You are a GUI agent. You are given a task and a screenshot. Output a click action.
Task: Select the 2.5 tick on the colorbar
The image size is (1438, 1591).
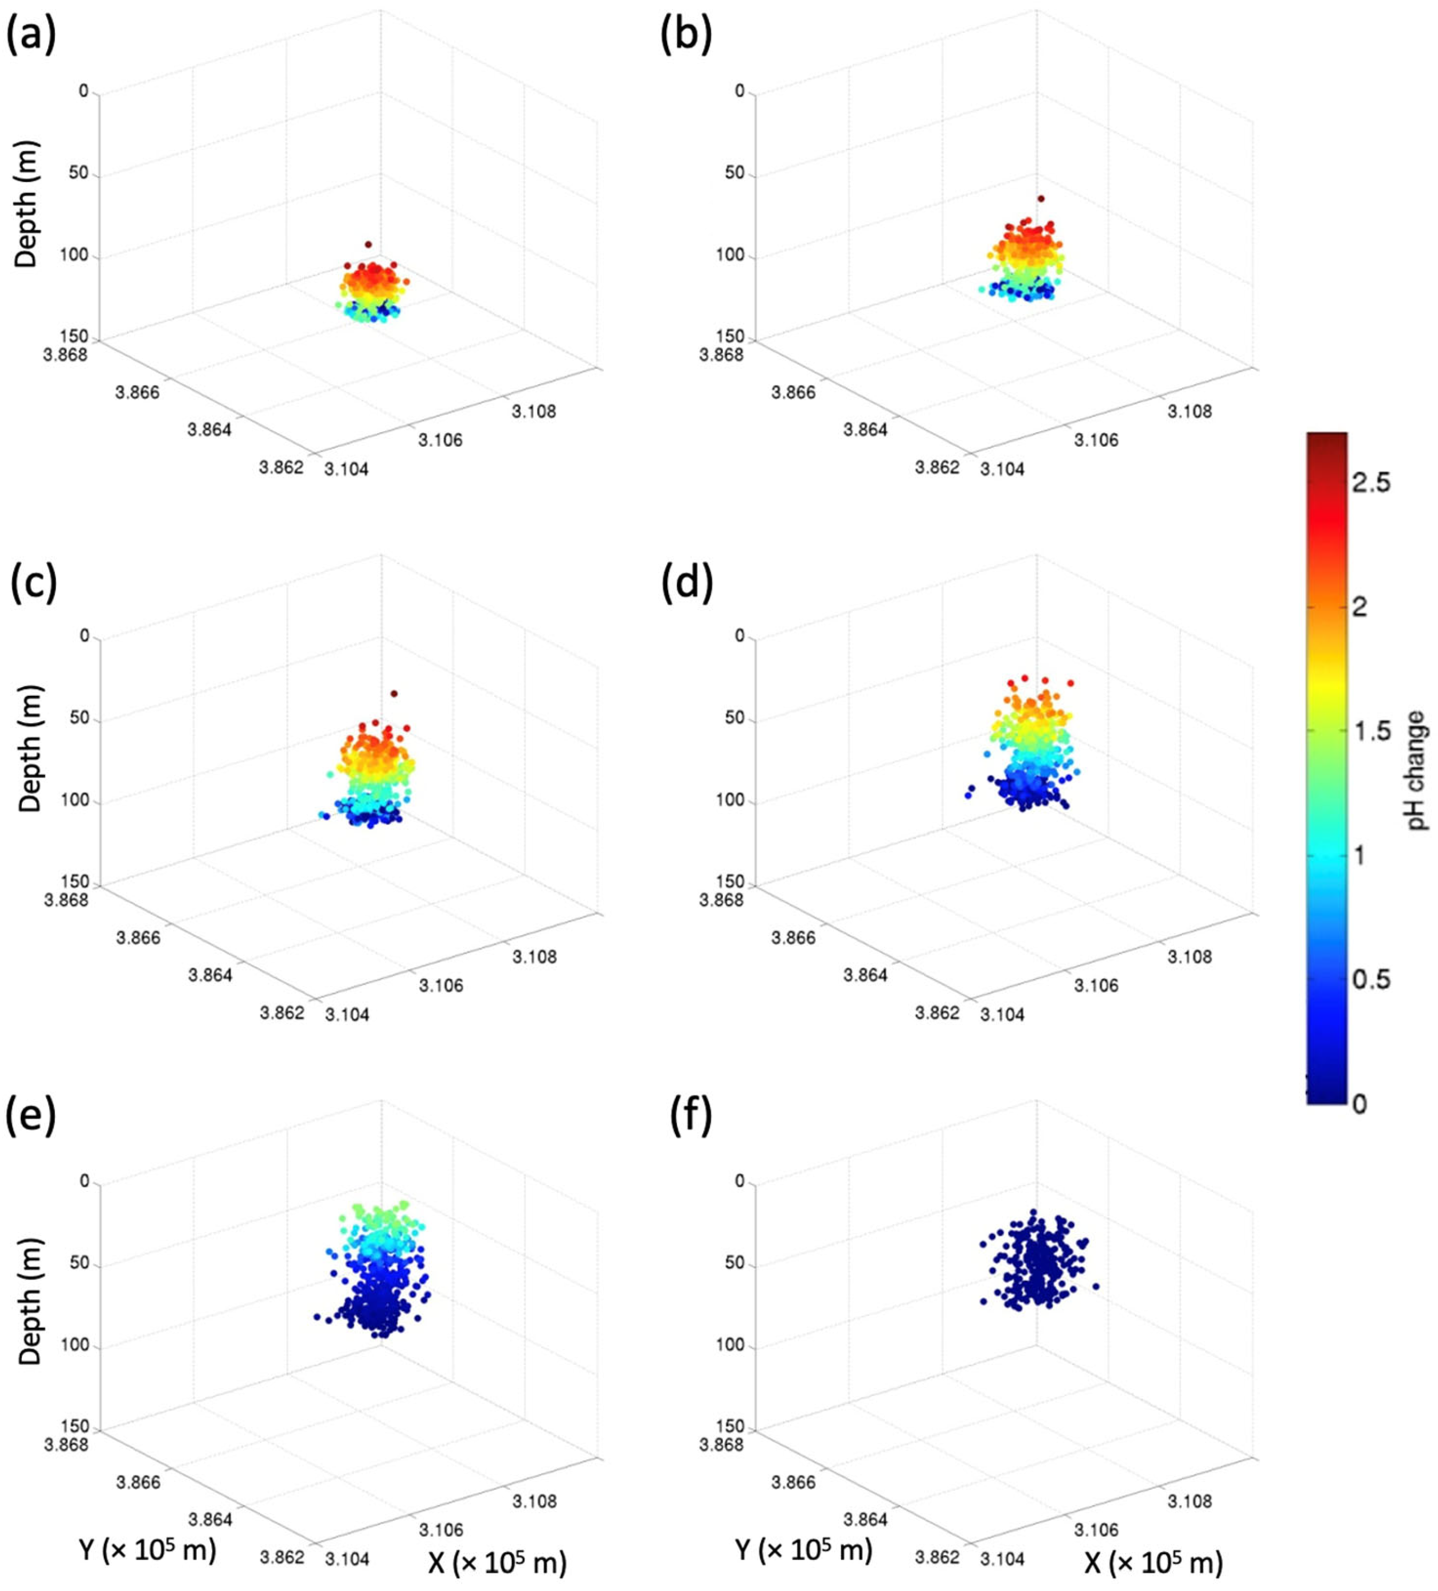coord(1370,482)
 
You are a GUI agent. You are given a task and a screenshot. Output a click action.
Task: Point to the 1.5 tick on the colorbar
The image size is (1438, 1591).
coord(1370,731)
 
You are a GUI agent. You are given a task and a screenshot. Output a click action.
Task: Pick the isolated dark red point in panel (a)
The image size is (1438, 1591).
coord(368,244)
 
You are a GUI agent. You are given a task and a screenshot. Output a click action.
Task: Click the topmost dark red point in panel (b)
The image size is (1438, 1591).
coord(1041,199)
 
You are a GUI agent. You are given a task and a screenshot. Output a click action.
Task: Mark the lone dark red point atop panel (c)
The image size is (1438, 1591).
coord(394,694)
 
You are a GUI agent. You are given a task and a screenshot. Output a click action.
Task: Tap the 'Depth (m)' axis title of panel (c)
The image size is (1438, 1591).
coord(29,747)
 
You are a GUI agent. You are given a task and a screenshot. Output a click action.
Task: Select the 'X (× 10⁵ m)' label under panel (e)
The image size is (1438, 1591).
coord(497,1562)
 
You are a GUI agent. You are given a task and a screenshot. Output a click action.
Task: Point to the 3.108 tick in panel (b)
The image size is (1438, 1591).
coord(1190,410)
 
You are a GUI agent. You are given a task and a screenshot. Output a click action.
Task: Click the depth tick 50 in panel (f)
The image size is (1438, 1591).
coord(734,1264)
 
